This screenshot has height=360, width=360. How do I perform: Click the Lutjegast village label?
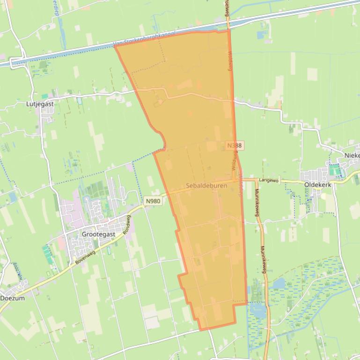(x=40, y=104)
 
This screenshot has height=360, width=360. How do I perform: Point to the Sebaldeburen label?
(x=206, y=186)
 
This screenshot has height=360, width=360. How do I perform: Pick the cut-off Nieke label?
(x=352, y=155)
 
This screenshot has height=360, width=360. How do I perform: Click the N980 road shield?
(x=153, y=201)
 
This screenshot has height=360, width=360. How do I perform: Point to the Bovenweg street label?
(x=85, y=257)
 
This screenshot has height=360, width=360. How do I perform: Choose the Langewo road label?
(x=269, y=180)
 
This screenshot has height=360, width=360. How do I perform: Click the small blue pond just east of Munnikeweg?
(x=279, y=283)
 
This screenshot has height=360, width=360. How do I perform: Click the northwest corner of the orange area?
(x=115, y=46)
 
